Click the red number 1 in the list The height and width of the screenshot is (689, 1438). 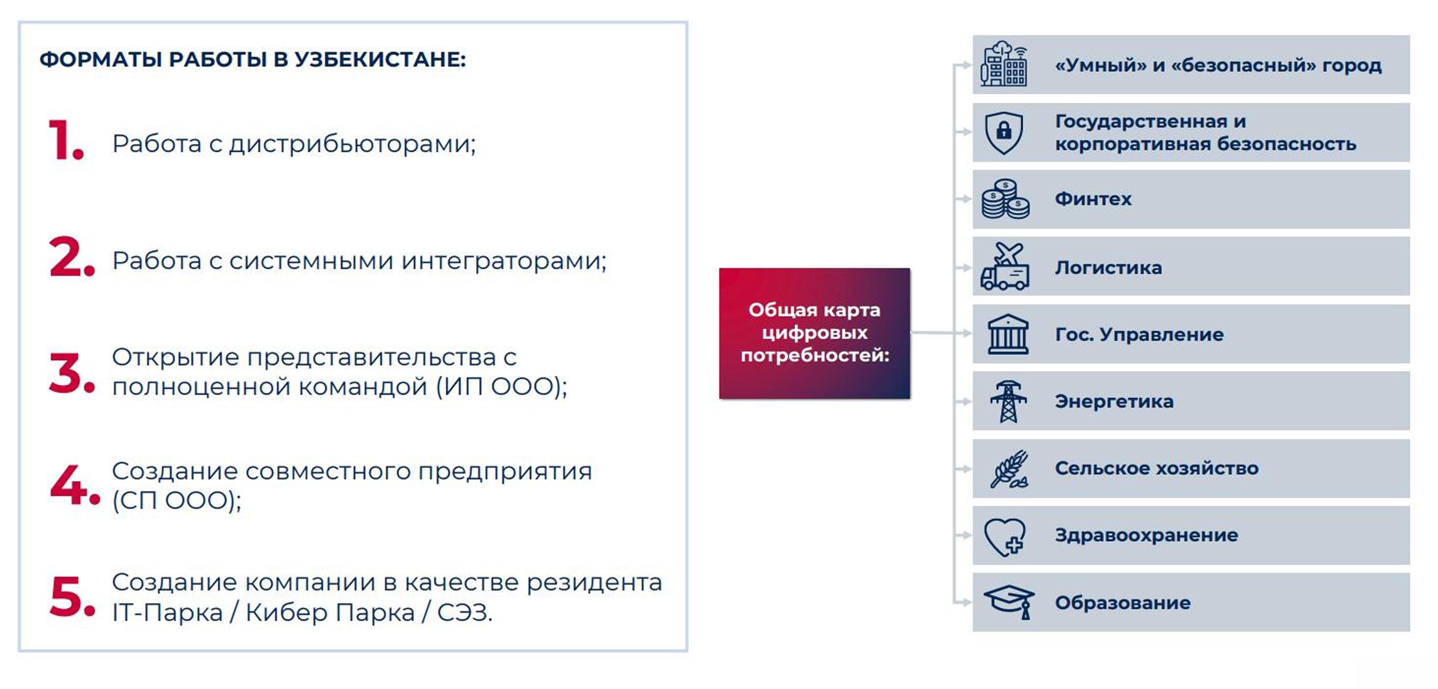coord(62,140)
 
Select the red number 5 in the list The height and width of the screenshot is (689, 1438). coord(66,596)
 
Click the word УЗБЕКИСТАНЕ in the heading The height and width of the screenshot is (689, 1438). coord(379,59)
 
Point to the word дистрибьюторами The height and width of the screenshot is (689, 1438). coord(352,144)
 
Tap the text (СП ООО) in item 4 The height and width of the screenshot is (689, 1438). coord(175,500)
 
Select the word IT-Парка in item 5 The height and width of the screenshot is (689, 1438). coord(168,612)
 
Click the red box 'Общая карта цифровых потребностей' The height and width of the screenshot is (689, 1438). coord(814,333)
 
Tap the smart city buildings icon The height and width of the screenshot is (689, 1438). coord(1004,64)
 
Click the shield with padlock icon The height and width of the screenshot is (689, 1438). coord(1004,133)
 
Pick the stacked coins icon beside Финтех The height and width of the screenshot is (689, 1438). coord(1006,199)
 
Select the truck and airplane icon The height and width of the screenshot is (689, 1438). coord(1005,266)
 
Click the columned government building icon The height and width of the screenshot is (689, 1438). coord(1007,334)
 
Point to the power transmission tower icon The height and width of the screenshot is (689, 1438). coord(1008,402)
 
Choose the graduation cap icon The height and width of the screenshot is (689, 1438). coord(1009,602)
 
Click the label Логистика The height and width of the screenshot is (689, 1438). coord(1109,268)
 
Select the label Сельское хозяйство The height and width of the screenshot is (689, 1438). coord(1157,468)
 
